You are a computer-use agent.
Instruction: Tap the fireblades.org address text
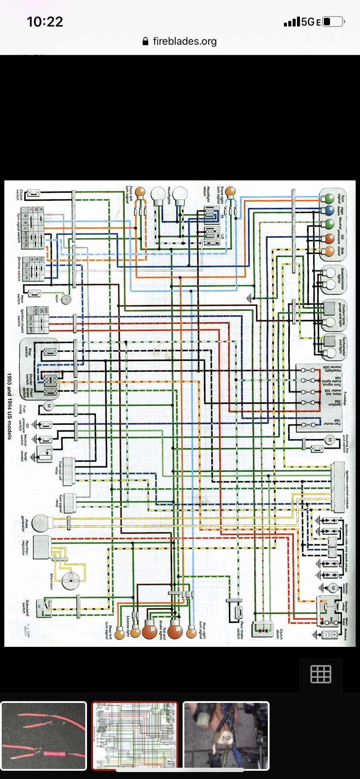click(184, 41)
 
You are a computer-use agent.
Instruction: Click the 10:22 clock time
click(45, 22)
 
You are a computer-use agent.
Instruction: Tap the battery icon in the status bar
click(334, 22)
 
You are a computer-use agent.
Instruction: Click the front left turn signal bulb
click(140, 191)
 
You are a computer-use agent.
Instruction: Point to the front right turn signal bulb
click(230, 191)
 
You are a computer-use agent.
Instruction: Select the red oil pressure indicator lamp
click(329, 238)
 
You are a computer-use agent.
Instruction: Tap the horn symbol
click(66, 299)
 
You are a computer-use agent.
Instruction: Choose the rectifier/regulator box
click(41, 548)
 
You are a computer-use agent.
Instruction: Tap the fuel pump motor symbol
click(48, 406)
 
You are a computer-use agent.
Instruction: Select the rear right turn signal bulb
click(191, 631)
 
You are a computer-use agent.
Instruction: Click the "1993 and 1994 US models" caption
click(10, 406)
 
